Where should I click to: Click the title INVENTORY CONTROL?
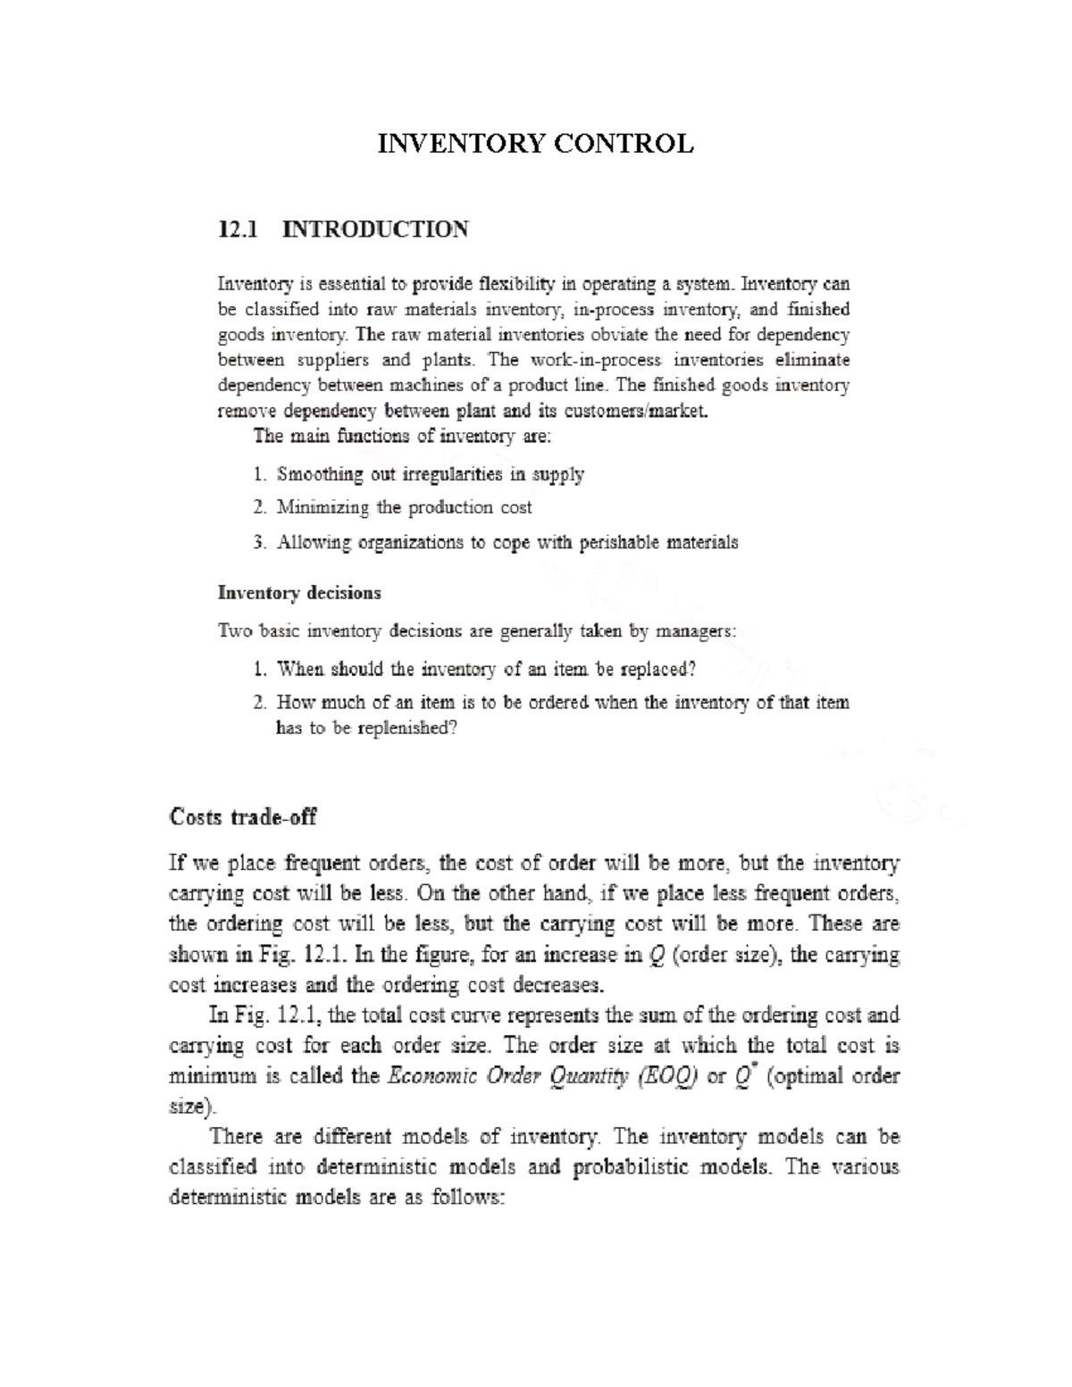click(x=535, y=144)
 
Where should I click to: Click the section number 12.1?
click(x=238, y=230)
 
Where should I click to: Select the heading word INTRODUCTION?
click(x=374, y=230)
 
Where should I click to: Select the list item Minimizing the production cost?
click(x=404, y=507)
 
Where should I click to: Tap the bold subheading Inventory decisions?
click(x=299, y=593)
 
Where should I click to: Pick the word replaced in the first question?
click(x=657, y=669)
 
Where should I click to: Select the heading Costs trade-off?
click(x=243, y=817)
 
